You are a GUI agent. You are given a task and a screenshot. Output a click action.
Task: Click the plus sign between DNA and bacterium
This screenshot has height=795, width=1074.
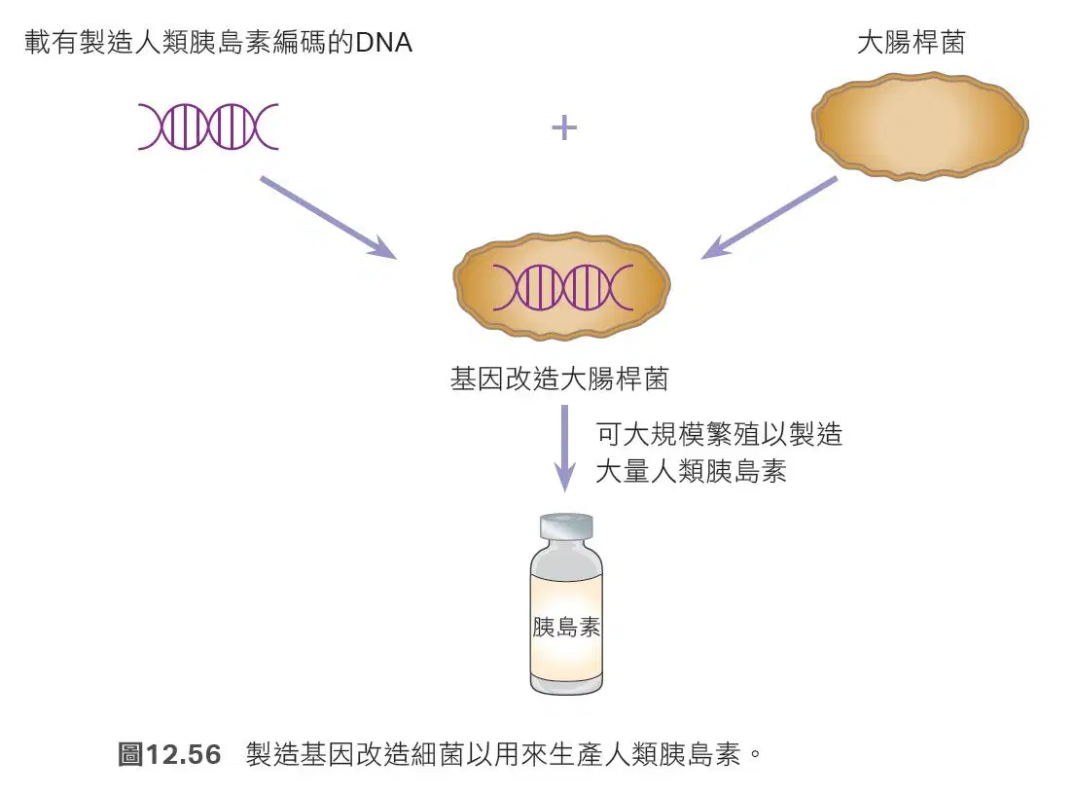pyautogui.click(x=563, y=127)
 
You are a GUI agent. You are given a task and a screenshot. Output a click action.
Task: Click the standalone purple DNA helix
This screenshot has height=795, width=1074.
pyautogui.click(x=208, y=126)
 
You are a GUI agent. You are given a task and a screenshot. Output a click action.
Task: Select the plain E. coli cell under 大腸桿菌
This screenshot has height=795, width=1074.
pyautogui.click(x=920, y=126)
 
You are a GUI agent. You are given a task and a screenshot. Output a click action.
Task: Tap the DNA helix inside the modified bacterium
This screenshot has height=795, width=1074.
pyautogui.click(x=562, y=287)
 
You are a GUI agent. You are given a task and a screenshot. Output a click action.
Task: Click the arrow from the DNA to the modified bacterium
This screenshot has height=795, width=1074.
pyautogui.click(x=328, y=217)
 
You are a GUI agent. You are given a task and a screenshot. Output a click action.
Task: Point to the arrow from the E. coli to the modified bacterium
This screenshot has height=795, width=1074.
pyautogui.click(x=770, y=217)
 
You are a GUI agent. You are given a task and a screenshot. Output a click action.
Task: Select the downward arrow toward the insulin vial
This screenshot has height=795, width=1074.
pyautogui.click(x=564, y=449)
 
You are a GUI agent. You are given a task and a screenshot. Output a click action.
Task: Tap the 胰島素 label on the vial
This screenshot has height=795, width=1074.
pyautogui.click(x=566, y=627)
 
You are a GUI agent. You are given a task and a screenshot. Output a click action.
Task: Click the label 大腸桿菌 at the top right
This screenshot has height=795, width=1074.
pyautogui.click(x=911, y=43)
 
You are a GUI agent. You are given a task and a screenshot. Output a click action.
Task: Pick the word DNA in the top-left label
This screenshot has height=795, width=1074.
pyautogui.click(x=383, y=43)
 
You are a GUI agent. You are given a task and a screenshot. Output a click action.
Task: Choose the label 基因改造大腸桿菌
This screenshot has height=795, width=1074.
pyautogui.click(x=559, y=379)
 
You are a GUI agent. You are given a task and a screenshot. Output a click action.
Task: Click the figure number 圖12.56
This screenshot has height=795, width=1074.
pyautogui.click(x=169, y=754)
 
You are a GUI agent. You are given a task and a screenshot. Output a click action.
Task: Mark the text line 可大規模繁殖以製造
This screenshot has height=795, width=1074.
pyautogui.click(x=719, y=434)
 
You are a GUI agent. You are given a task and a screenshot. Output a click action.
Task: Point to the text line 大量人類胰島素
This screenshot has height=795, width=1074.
pyautogui.click(x=691, y=472)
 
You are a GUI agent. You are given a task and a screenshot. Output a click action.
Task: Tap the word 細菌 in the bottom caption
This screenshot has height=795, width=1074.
pyautogui.click(x=439, y=754)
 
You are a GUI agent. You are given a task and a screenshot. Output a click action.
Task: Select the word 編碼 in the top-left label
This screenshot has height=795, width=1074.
pyautogui.click(x=300, y=43)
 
